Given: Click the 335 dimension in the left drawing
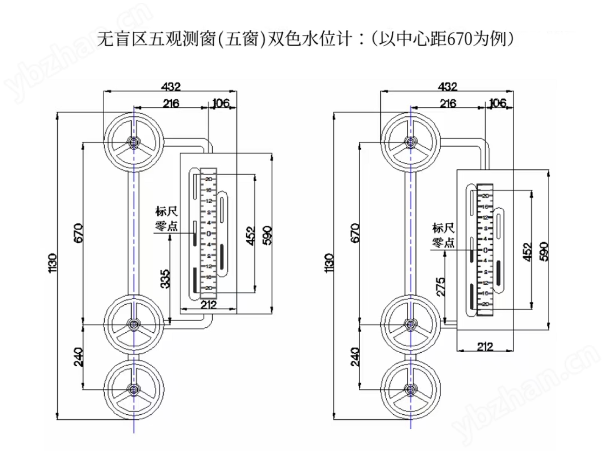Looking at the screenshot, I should coord(165,279).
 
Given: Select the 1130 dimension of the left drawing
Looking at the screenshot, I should coord(52,263).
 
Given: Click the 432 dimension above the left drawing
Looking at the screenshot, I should coord(171,86).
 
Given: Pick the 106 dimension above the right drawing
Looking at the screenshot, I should coord(498,103).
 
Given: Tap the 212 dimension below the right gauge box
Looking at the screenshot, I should coord(485,347).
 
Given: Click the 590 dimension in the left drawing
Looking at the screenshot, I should coord(267,235).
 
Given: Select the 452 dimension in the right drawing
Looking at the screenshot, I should coord(528,252).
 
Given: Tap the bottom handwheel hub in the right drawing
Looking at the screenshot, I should coord(410,389).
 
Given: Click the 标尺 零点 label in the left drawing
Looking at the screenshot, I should coord(166,219).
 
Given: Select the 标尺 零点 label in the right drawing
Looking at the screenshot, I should coord(443,235).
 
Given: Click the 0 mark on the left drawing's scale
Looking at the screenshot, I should coord(209,233).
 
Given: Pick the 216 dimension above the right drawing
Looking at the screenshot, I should coord(448,103).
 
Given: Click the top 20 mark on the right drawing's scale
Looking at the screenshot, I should coord(485,196).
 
